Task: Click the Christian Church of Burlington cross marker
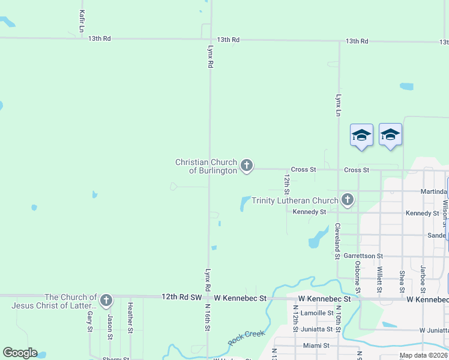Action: click(247, 166)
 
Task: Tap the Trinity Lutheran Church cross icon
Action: click(347, 200)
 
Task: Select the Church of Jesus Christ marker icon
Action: click(106, 300)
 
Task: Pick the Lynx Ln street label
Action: click(339, 104)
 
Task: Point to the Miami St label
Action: click(316, 345)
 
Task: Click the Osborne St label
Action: click(358, 276)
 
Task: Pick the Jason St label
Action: click(110, 324)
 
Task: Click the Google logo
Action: click(20, 353)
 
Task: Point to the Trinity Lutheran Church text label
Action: click(295, 200)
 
